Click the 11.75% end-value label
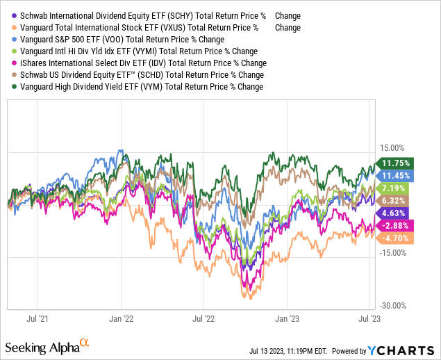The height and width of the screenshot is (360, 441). pos(397,163)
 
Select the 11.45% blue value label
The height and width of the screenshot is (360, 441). pos(397,176)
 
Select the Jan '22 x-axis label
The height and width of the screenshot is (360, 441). pos(122,319)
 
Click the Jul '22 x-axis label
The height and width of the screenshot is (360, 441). pos(203,319)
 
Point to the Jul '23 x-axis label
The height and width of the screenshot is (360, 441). pos(367,319)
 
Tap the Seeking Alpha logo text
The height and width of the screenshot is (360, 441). pos(42,345)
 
